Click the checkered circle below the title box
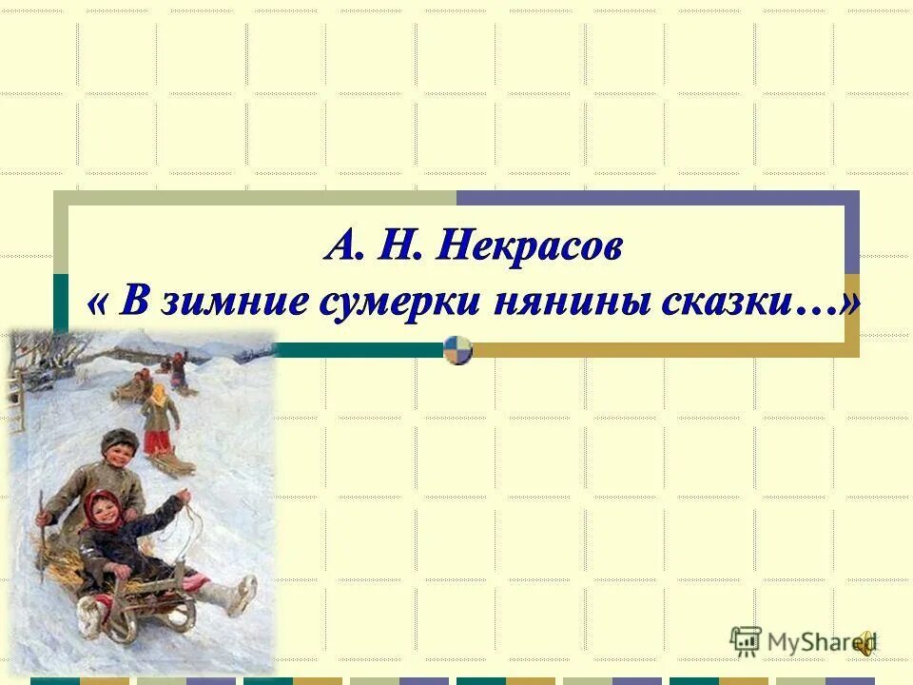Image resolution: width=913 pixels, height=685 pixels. [x=458, y=350]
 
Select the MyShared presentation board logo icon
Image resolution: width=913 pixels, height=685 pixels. [x=746, y=642]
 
